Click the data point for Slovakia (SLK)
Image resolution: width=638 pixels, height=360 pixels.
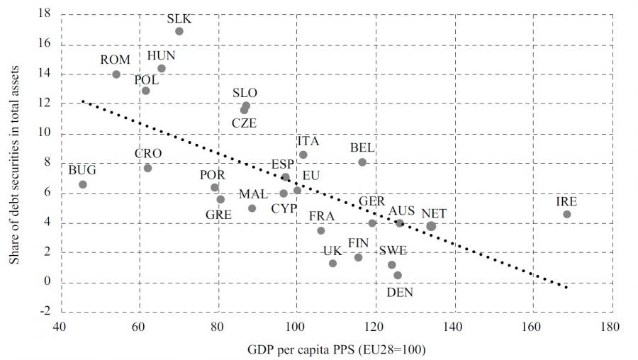click(179, 31)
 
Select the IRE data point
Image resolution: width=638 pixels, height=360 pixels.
click(566, 214)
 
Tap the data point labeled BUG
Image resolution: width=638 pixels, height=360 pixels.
click(82, 184)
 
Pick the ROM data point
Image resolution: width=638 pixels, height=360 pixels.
click(116, 74)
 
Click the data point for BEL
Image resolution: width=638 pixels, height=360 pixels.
click(362, 162)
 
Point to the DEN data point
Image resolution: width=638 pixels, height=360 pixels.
click(398, 275)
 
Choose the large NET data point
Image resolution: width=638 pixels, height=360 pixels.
click(431, 226)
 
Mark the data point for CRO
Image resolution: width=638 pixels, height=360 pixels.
click(147, 168)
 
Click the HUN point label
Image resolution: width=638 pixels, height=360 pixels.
click(162, 56)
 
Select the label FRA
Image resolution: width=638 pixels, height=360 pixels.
click(322, 216)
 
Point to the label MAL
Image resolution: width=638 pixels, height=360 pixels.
click(253, 194)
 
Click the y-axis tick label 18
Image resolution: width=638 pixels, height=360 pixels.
click(43, 14)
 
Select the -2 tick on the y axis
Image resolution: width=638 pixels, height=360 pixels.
click(43, 312)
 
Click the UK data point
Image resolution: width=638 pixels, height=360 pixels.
click(332, 263)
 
